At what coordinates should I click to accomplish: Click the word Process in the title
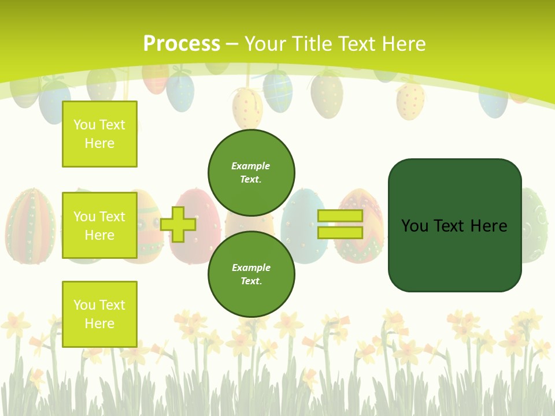(x=182, y=43)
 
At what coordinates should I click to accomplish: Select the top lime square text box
(x=99, y=134)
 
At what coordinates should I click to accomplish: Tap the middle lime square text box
(x=99, y=225)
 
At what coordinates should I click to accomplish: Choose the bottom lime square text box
(x=99, y=314)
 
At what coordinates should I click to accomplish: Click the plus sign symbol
(x=178, y=224)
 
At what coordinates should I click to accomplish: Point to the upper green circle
(x=251, y=172)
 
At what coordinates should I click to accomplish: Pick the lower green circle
(x=251, y=274)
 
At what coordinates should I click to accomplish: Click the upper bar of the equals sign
(x=340, y=216)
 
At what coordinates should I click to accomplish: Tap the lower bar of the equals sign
(x=340, y=232)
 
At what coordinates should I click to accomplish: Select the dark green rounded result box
(x=454, y=225)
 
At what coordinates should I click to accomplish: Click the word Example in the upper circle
(x=251, y=166)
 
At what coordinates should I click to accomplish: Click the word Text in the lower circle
(x=250, y=281)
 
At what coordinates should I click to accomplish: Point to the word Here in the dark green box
(x=489, y=225)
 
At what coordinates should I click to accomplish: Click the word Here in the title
(x=405, y=43)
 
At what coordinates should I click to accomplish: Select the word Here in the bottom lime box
(x=99, y=323)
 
